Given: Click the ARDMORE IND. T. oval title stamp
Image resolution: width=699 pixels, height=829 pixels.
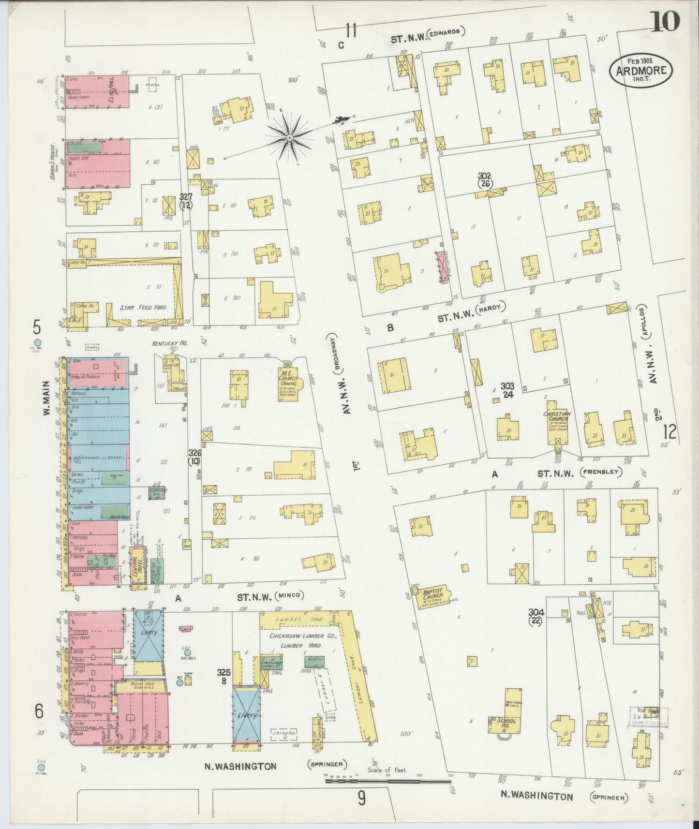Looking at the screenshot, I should click(x=641, y=70).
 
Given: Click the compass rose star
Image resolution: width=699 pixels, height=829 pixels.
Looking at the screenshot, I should click(x=289, y=137).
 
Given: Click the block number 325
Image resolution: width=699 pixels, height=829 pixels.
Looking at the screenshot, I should click(x=223, y=673).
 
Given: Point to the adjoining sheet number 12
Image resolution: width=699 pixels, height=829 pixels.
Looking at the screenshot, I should click(x=670, y=430).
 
